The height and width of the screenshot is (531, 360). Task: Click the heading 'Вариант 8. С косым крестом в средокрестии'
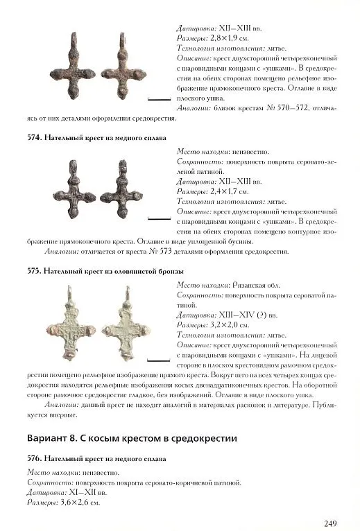point(132,438)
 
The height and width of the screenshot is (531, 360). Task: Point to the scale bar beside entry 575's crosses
point(159,360)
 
